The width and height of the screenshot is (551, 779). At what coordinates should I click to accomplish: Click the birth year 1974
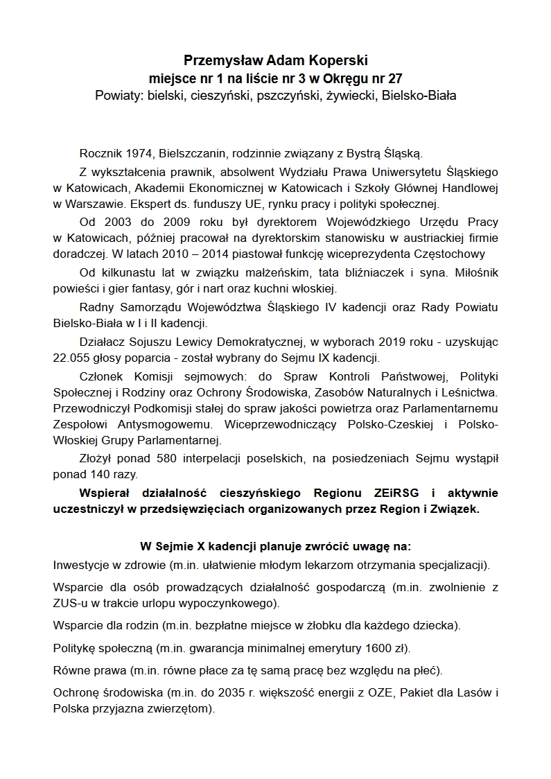click(x=144, y=152)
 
